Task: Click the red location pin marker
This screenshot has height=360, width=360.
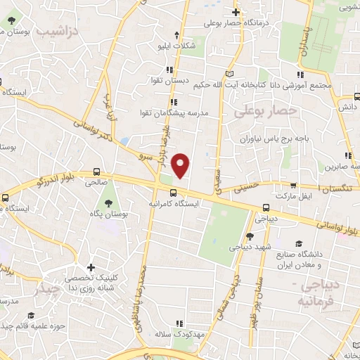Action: coord(181,165)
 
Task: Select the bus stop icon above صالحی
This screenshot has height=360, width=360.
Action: coord(96,171)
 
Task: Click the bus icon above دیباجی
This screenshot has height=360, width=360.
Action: coord(266,207)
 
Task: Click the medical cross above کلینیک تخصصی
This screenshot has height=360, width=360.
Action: coord(91,267)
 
